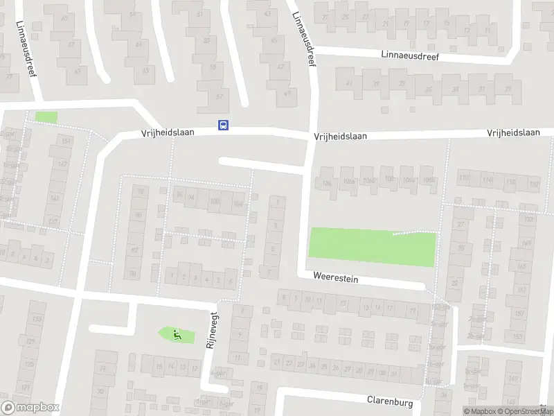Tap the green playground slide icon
[x=176, y=334]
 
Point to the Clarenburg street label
[x=389, y=401]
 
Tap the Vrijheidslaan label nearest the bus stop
[x=168, y=131]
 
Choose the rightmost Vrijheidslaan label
[x=513, y=132]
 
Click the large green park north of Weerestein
[x=371, y=246]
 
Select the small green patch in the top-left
[x=46, y=117]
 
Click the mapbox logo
[x=30, y=408]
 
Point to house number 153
[x=517, y=336]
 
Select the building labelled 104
[x=238, y=203]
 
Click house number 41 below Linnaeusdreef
[x=349, y=84]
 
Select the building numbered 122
[x=533, y=184]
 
